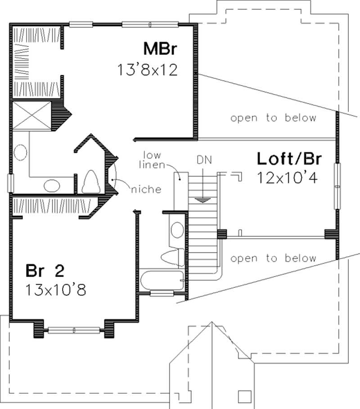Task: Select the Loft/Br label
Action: point(291,159)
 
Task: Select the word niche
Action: point(146,190)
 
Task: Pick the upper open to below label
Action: point(273,118)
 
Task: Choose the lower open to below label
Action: point(273,259)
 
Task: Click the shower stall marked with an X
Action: point(32,116)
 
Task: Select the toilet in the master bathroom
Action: point(91,182)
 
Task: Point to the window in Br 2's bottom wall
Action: point(74,331)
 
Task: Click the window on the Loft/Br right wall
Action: point(336,186)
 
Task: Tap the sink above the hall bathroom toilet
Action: point(177,230)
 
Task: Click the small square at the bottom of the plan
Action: point(244,396)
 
